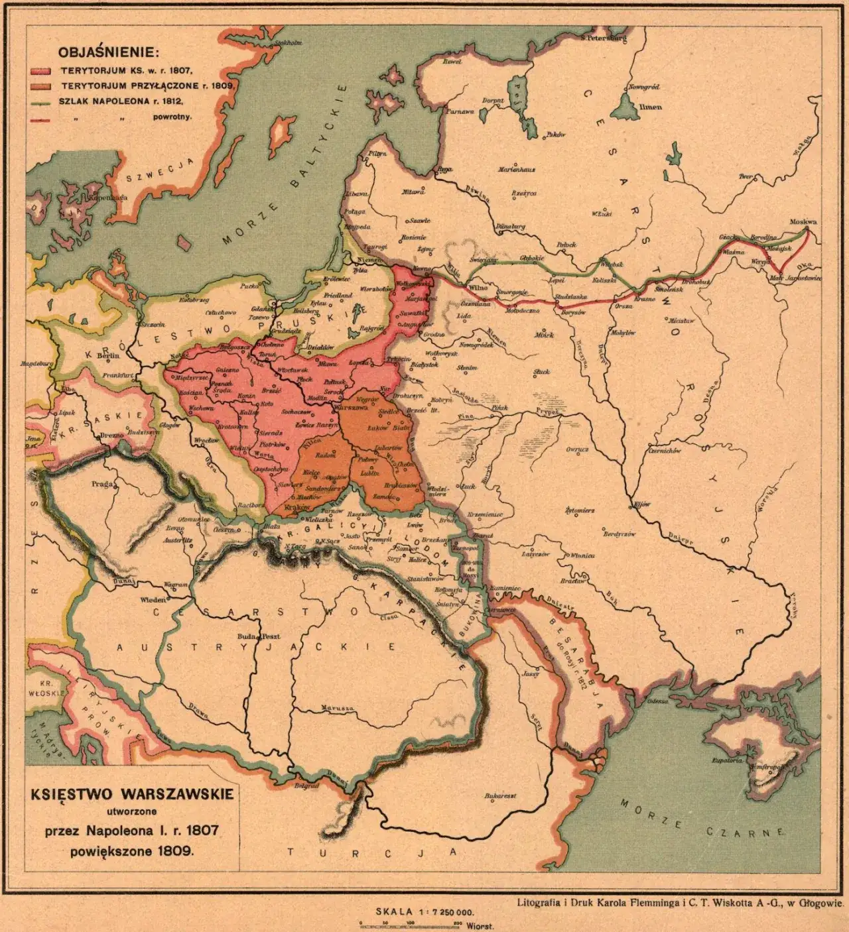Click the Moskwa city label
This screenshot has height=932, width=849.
[803, 222]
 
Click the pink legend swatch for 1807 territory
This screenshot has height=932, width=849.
[40, 70]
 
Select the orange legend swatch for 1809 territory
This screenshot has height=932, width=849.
[40, 86]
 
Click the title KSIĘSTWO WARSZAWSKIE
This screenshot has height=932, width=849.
[132, 794]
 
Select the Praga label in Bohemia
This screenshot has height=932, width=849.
[102, 485]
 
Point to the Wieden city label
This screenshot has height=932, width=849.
[151, 599]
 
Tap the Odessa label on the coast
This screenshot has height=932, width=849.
[657, 701]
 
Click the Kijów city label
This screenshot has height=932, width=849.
[641, 504]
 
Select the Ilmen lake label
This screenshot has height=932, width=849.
[649, 107]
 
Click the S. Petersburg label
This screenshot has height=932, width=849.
[603, 38]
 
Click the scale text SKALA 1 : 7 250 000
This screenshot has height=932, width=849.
[424, 912]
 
